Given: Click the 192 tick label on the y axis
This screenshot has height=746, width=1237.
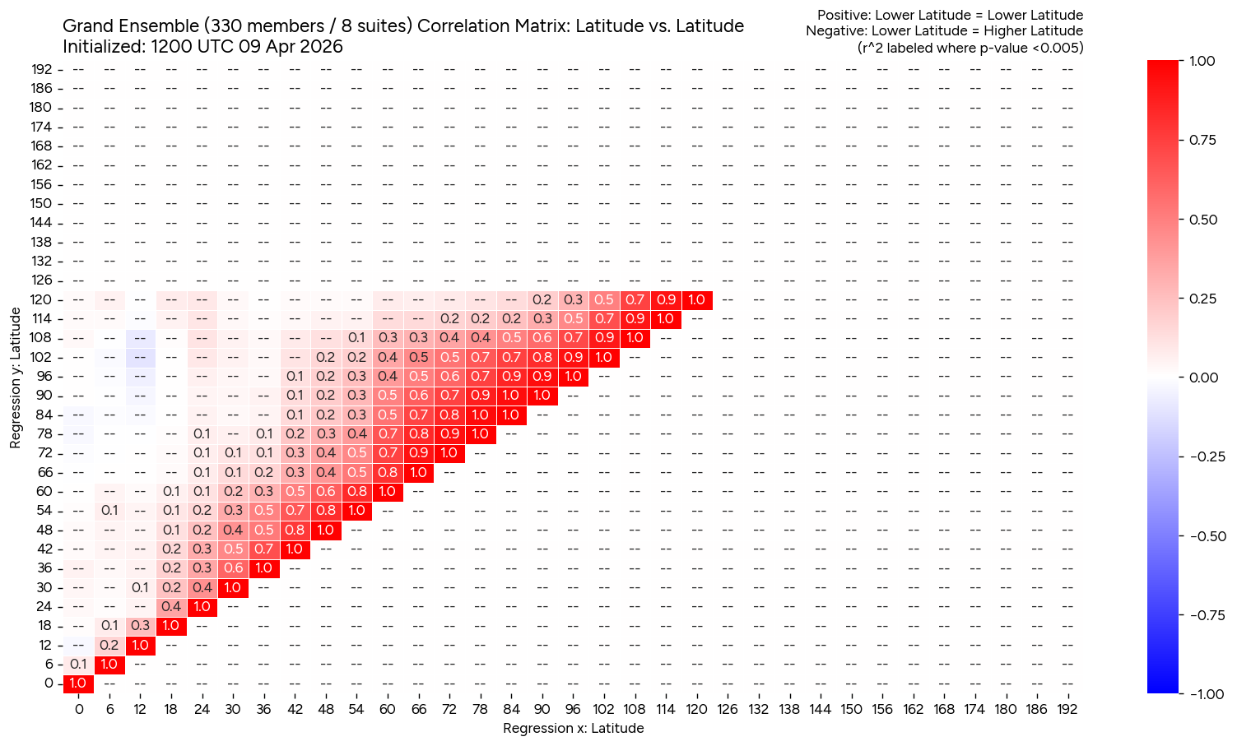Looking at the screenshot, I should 42,69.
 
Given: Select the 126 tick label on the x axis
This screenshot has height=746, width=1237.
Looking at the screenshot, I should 728,709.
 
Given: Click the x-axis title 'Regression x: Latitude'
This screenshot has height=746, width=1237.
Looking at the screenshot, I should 573,728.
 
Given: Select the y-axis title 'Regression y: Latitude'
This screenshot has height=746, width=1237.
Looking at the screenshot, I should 16,378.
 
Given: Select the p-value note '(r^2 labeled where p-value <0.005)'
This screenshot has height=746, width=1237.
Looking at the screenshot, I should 970,48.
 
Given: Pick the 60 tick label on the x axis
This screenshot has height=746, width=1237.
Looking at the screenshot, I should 387,709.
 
